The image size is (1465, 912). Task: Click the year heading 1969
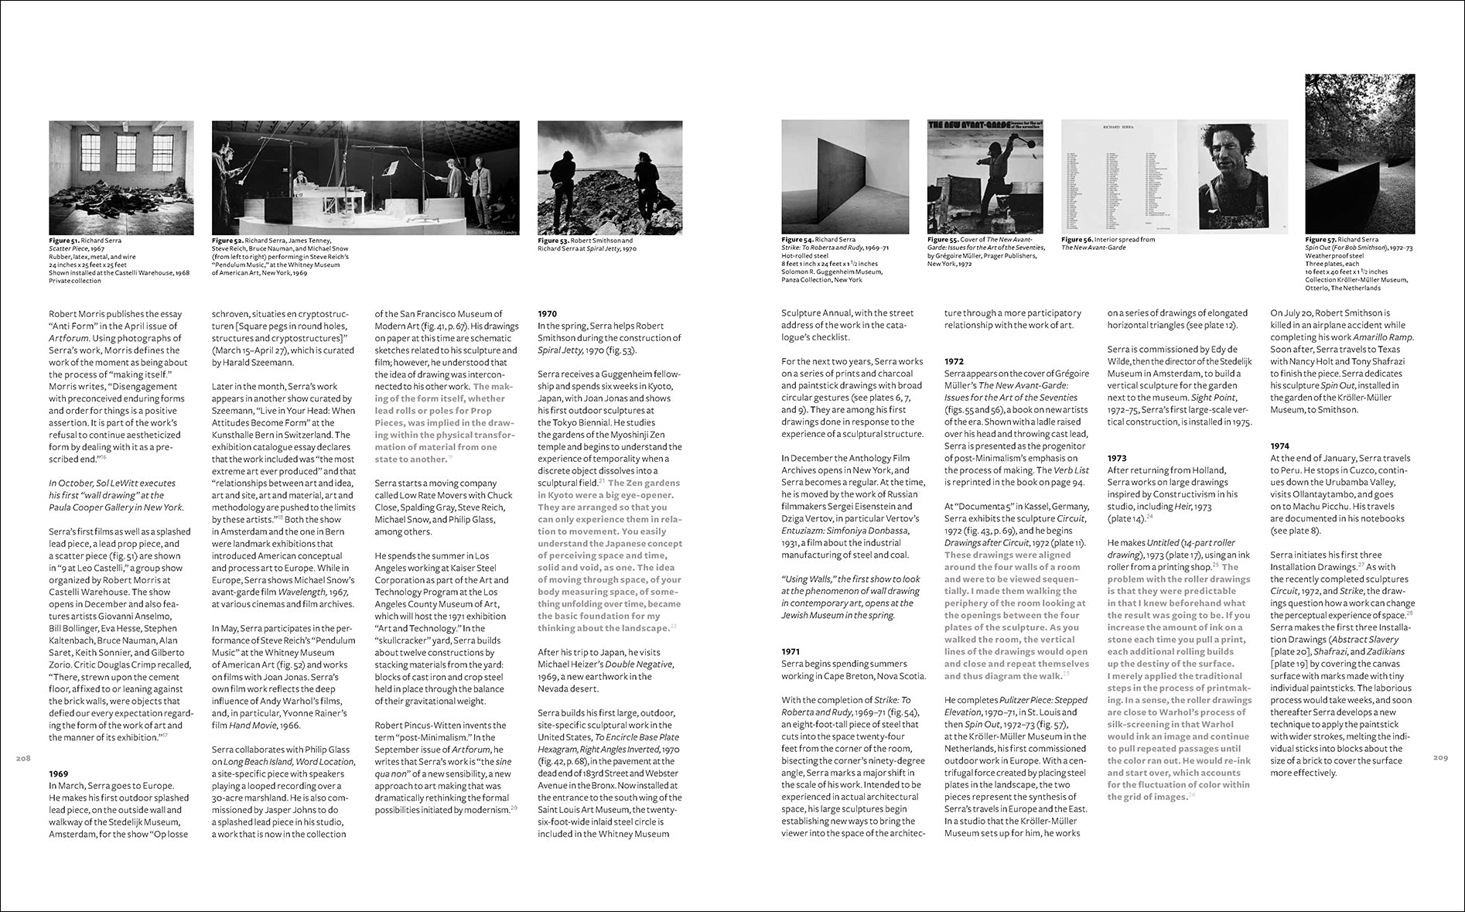click(59, 773)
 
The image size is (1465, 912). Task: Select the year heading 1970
click(548, 314)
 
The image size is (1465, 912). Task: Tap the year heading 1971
click(791, 652)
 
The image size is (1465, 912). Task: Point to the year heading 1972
click(954, 361)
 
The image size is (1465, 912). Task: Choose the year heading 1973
click(1117, 458)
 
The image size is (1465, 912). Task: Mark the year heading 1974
click(1280, 446)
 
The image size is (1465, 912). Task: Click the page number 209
click(1440, 758)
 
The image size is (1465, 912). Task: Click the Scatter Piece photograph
click(121, 177)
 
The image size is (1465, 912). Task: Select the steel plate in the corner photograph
click(845, 177)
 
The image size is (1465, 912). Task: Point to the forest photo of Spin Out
click(1360, 154)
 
